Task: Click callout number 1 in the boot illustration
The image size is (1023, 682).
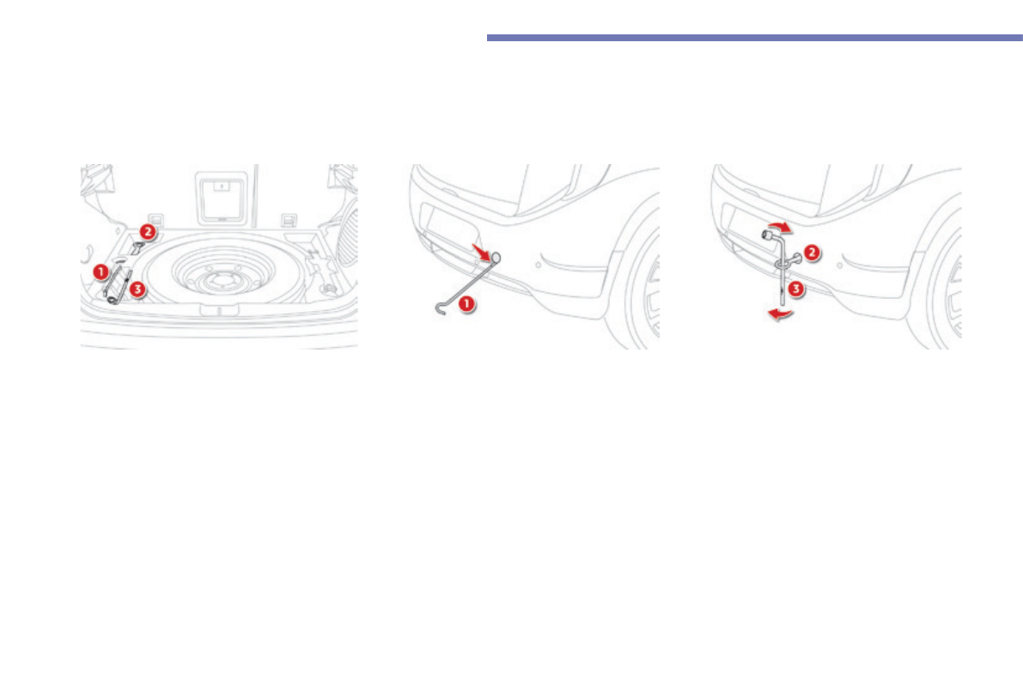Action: (x=100, y=271)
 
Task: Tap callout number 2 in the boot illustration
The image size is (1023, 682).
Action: (x=147, y=231)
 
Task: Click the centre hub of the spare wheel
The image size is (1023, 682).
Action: (x=219, y=277)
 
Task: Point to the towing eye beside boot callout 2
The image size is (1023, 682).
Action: (x=137, y=248)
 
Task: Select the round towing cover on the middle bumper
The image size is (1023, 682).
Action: (x=496, y=256)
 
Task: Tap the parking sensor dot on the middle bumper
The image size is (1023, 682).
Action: (x=539, y=265)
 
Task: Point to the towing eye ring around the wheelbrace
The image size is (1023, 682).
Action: (x=782, y=265)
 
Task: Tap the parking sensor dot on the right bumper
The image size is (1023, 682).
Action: (x=838, y=265)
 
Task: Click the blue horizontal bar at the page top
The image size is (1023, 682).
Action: (x=754, y=38)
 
